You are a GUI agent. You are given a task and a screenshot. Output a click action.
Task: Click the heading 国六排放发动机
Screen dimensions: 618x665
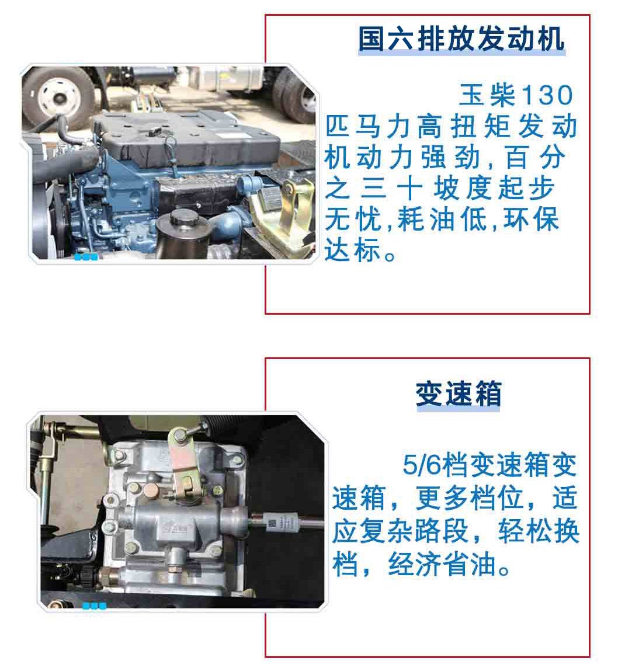pos(461,39)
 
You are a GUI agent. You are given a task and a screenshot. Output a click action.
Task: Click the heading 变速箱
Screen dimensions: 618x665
pos(459,394)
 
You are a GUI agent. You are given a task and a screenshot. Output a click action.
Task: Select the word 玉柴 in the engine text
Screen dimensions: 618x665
pos(488,95)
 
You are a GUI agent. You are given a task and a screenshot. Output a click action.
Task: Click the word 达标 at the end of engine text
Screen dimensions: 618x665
pos(352,250)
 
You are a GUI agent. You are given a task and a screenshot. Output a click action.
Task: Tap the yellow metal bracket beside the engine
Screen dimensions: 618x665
pos(280,212)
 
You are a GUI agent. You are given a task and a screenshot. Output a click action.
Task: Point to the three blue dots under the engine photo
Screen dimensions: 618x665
pos(86,257)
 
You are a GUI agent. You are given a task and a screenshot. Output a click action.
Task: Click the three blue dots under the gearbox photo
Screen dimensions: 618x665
pos(94,605)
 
